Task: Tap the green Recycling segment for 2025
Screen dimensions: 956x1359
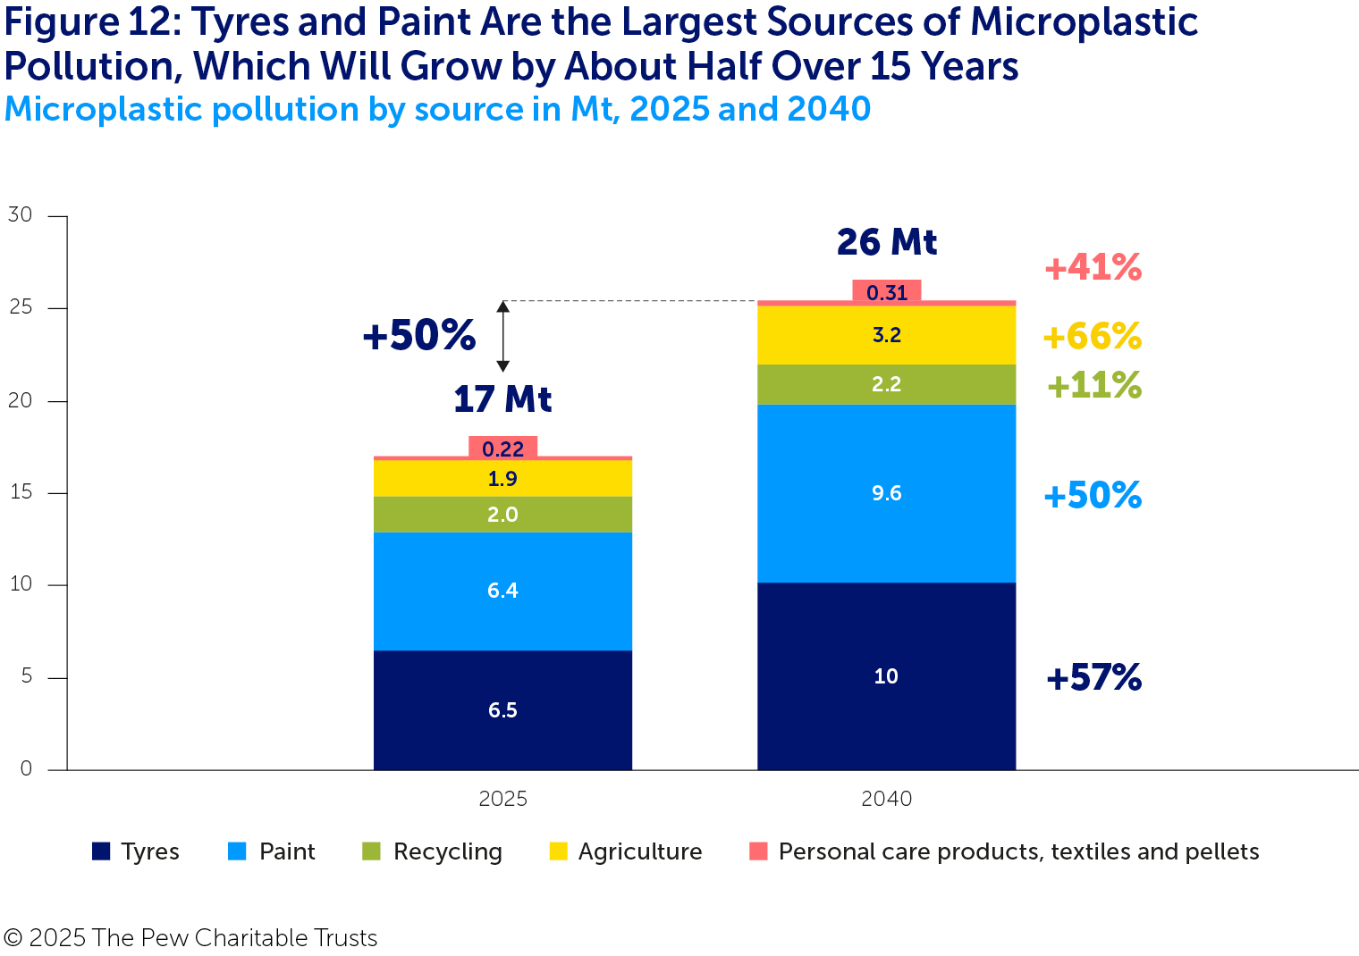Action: coord(502,515)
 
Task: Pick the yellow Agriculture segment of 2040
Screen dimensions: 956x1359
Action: coord(886,335)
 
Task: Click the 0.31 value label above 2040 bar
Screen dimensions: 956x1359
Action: coord(887,292)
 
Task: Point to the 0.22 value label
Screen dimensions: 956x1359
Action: coord(502,449)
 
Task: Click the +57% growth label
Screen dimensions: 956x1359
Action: coord(1093,677)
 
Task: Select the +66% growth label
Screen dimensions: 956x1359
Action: coord(1092,336)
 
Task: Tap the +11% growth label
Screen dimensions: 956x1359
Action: coord(1093,385)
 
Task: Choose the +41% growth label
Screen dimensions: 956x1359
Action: coord(1093,267)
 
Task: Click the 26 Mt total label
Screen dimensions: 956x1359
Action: coord(887,242)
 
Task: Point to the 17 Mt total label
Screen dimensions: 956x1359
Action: coord(502,399)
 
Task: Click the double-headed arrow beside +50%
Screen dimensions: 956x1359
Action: coord(502,336)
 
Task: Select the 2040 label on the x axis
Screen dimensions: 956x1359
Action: coord(886,799)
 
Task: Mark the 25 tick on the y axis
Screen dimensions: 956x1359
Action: coord(20,307)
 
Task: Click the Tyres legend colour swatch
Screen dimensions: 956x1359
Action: coord(101,851)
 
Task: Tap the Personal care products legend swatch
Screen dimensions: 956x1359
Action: coord(758,851)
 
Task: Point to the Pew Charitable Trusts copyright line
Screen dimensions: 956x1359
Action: coord(190,937)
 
